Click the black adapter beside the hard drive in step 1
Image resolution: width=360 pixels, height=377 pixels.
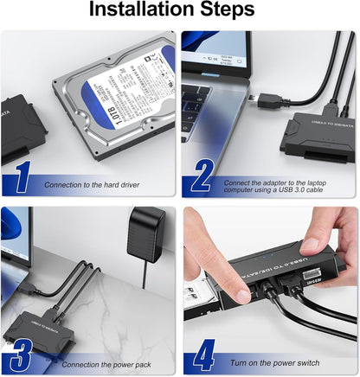17,130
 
